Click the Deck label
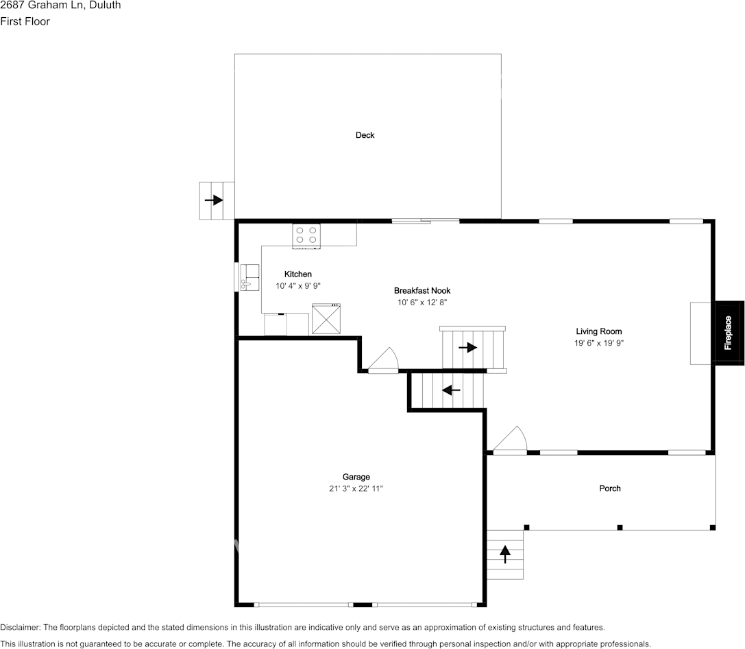tap(365, 135)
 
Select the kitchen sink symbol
tap(249, 277)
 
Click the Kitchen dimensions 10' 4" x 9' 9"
tap(298, 286)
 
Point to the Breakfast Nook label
tap(422, 291)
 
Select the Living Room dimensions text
tap(599, 343)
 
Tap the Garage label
tap(356, 477)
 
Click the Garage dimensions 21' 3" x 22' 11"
tap(356, 488)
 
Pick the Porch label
tap(610, 488)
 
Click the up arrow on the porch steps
tap(506, 553)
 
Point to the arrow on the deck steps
tap(215, 200)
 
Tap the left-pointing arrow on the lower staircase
tap(451, 390)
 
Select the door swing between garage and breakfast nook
tap(384, 360)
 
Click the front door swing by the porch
tap(511, 440)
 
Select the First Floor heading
tap(25, 21)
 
